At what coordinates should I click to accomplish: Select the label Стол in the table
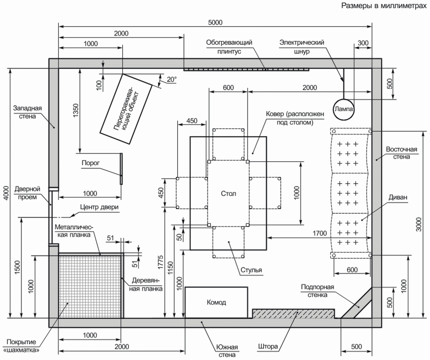(x=229, y=193)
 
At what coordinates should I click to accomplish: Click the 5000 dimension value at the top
(x=215, y=22)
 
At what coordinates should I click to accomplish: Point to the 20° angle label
(x=171, y=80)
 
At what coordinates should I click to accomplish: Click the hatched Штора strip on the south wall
(x=293, y=314)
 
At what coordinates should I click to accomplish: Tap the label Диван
(x=397, y=197)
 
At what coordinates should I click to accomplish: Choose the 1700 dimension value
(x=320, y=233)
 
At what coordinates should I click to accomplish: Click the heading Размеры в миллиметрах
(x=384, y=6)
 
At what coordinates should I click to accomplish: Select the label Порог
(x=91, y=163)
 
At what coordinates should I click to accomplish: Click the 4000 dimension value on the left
(x=7, y=193)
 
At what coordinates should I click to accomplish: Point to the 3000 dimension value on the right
(x=419, y=224)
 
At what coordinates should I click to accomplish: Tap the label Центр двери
(x=99, y=207)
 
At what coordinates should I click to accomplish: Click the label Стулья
(x=251, y=270)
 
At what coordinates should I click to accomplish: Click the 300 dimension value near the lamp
(x=363, y=43)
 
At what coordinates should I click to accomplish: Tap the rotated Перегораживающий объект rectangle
(x=126, y=109)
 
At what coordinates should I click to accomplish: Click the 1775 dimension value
(x=160, y=262)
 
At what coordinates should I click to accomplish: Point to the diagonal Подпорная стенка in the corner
(x=356, y=303)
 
